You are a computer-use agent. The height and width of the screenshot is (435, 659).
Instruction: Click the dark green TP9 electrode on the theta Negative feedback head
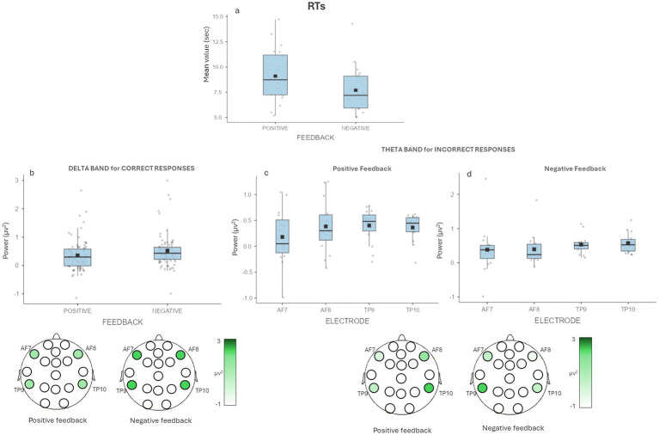point(483,389)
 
